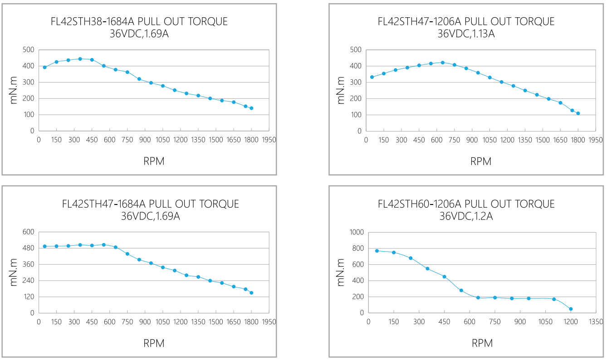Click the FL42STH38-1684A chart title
(x=139, y=21)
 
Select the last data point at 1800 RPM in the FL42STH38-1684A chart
(x=251, y=108)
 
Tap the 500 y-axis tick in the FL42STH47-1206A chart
(x=356, y=49)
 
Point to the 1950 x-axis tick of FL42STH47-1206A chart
(x=596, y=140)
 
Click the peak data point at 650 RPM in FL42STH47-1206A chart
(x=443, y=63)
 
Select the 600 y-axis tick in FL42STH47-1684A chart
(x=29, y=232)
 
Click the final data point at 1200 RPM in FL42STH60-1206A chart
(x=571, y=309)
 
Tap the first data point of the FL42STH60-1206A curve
(x=377, y=251)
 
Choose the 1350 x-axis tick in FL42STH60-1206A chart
(x=596, y=322)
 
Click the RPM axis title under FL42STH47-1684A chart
(x=154, y=343)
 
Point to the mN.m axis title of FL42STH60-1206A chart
(x=341, y=272)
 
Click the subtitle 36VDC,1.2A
(x=466, y=216)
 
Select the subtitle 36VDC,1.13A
(x=466, y=34)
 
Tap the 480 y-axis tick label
(x=29, y=248)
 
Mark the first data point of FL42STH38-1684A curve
(x=45, y=67)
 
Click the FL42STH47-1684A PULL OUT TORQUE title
(x=151, y=204)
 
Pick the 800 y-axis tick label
(x=357, y=248)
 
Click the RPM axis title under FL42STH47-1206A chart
(x=481, y=161)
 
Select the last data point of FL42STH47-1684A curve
(x=251, y=293)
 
